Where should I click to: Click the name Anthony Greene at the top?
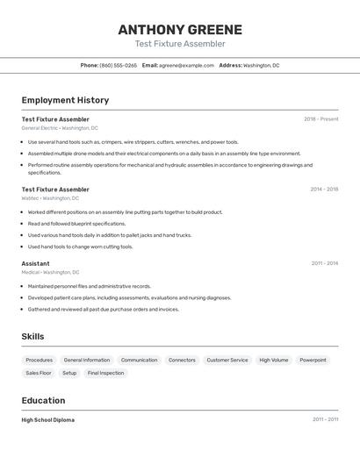click(180, 30)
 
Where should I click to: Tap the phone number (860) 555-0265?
click(118, 65)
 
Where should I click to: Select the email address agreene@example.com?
click(186, 65)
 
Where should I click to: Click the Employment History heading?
click(65, 100)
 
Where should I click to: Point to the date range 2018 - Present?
click(320, 119)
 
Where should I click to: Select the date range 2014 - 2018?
click(324, 189)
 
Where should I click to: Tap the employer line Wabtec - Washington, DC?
click(50, 198)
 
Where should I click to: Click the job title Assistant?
click(35, 263)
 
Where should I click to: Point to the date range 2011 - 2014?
click(324, 263)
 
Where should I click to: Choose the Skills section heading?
click(32, 336)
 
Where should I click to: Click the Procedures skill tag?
click(39, 360)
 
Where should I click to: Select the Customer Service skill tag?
click(227, 360)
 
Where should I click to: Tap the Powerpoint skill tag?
click(313, 360)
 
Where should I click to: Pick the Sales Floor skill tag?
click(39, 373)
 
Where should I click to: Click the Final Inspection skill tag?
click(105, 373)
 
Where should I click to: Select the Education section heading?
click(44, 400)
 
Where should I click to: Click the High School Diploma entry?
click(47, 420)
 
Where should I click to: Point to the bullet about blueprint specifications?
click(76, 224)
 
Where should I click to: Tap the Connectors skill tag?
click(182, 360)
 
